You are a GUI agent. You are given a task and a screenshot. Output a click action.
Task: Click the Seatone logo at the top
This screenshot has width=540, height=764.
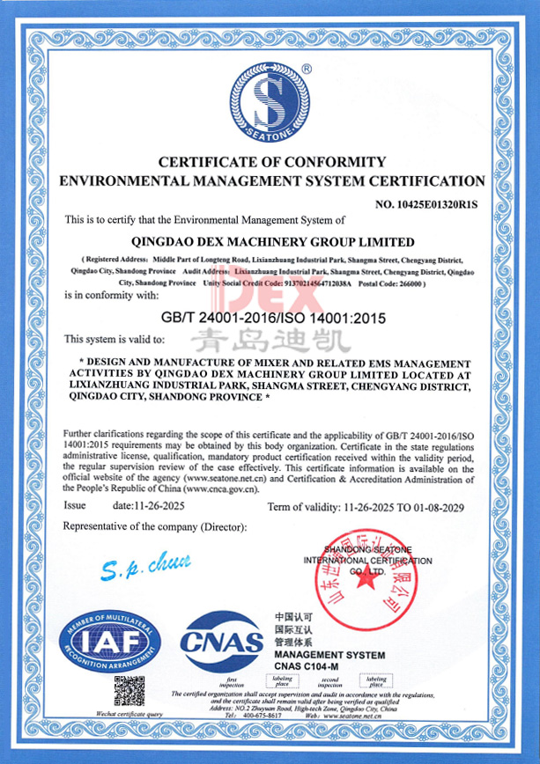click(270, 103)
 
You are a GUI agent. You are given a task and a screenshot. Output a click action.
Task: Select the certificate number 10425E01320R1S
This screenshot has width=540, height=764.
click(426, 205)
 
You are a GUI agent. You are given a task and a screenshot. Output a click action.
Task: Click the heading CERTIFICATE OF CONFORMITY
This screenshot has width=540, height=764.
click(271, 162)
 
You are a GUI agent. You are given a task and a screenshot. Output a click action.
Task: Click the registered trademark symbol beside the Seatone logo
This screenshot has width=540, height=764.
click(306, 69)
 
